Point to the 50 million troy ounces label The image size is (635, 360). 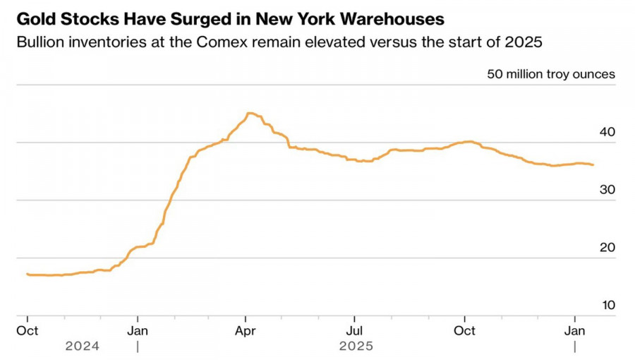pos(550,74)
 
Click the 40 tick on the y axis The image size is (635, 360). pos(607,132)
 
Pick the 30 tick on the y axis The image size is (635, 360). pos(607,190)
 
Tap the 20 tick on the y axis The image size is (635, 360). pos(607,248)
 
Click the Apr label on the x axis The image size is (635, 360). pos(246,330)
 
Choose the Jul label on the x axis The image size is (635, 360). pos(355,330)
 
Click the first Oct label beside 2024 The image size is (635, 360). pos(28,330)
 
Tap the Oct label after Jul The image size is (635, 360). pos(464,330)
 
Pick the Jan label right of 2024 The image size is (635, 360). pos(138,330)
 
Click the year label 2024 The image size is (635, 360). pos(83,347)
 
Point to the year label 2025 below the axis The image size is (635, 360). pos(356,347)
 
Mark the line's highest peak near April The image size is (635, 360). pos(248,113)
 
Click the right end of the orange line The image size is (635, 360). pos(593,164)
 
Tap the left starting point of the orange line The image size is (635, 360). pos(27,274)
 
